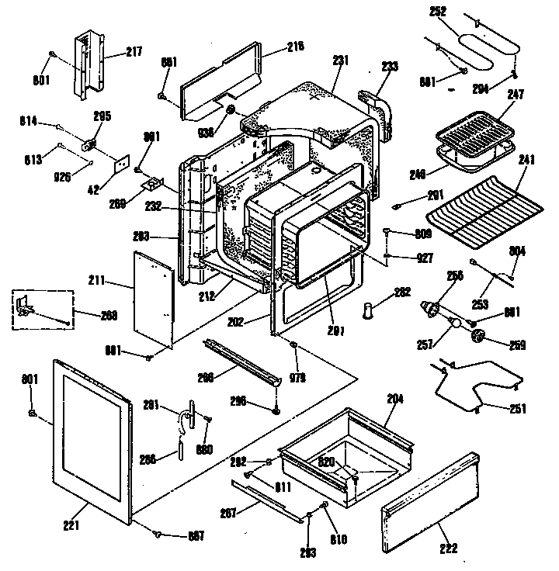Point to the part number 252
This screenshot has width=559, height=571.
[x=437, y=12]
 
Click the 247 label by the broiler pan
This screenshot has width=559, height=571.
[x=516, y=95]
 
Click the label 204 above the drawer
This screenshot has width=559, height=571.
[x=395, y=398]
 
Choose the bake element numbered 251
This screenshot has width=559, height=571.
[x=481, y=388]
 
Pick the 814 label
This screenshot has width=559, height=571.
[x=30, y=122]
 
